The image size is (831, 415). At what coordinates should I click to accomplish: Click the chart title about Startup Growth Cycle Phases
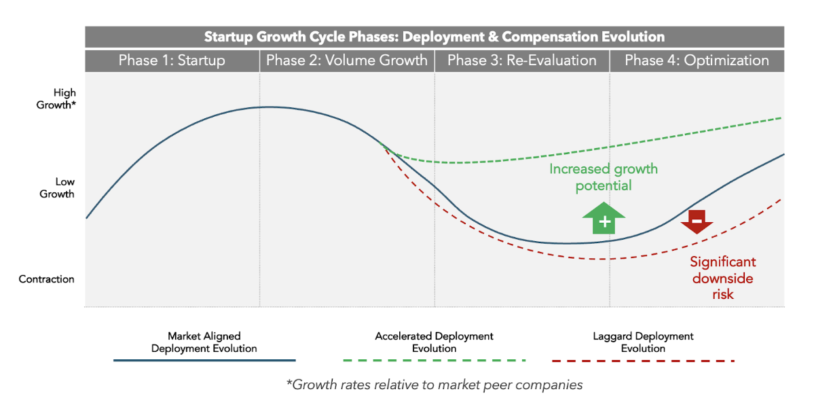point(435,37)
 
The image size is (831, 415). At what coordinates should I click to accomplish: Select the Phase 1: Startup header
point(172,60)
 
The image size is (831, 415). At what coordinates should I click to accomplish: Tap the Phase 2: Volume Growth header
point(347,60)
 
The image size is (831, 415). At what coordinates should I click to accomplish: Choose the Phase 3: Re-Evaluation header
point(521,60)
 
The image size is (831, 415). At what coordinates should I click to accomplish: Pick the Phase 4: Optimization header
point(697,60)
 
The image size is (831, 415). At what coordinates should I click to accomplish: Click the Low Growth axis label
point(56,187)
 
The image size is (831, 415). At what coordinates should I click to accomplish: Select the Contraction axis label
point(46,279)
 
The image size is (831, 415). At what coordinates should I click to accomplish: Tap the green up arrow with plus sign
point(604,218)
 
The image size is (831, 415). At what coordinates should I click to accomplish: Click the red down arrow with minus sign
point(697,221)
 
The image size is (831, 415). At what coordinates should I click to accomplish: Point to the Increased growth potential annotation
point(604,177)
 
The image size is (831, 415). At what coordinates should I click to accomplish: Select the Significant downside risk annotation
point(723,277)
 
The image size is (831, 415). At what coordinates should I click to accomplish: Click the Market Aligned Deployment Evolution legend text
point(204,342)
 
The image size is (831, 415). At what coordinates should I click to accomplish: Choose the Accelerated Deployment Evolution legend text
point(434,342)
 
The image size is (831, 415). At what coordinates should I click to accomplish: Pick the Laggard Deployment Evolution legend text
point(643,342)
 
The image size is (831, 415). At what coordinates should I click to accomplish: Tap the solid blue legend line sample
point(204,360)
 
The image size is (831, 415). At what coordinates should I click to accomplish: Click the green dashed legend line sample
point(434,360)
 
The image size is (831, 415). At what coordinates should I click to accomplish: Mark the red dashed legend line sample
point(643,360)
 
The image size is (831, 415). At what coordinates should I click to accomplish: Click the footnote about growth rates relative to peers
point(435,384)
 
